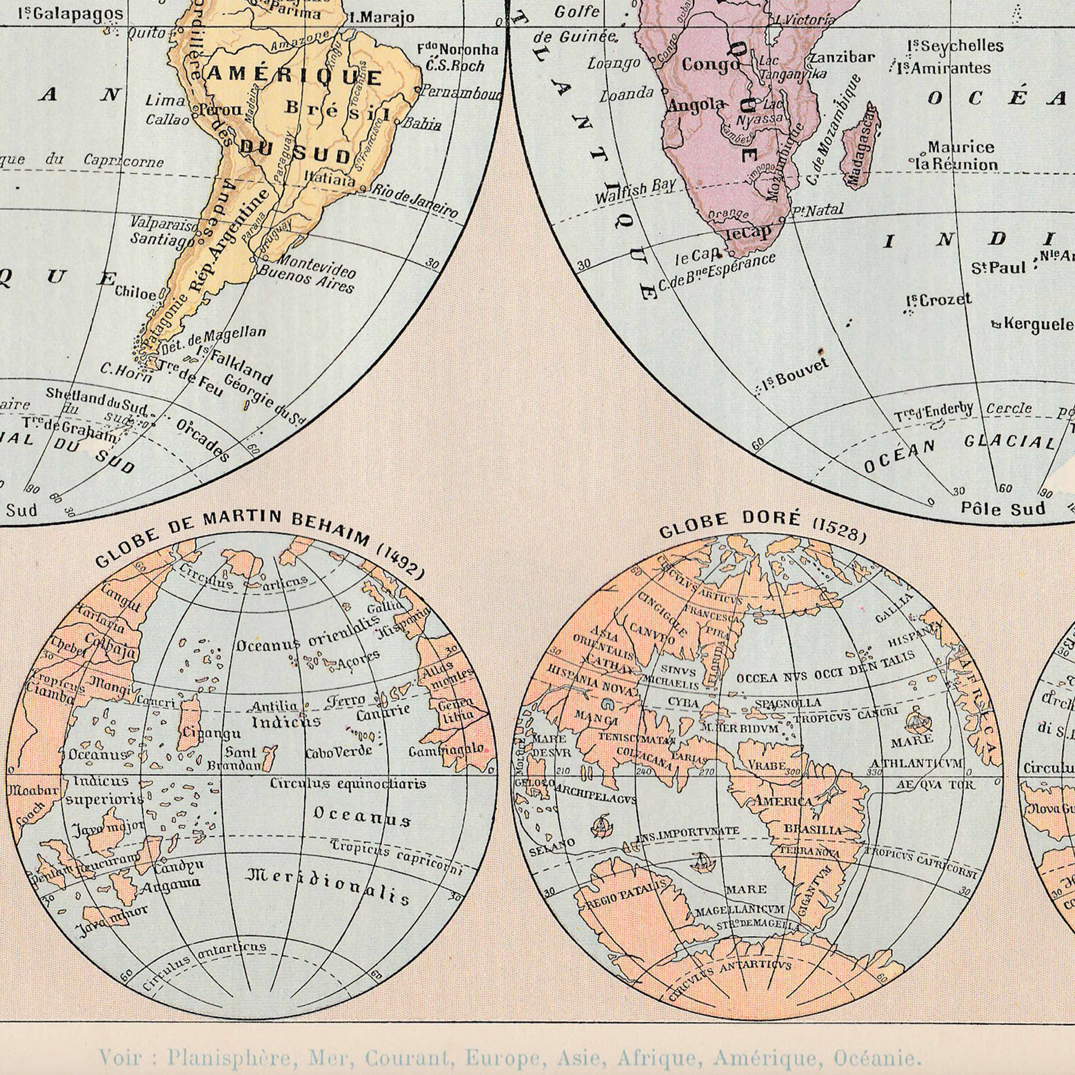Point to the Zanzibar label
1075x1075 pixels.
842,57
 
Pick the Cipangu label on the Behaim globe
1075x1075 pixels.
209,734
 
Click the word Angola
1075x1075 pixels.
696,105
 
